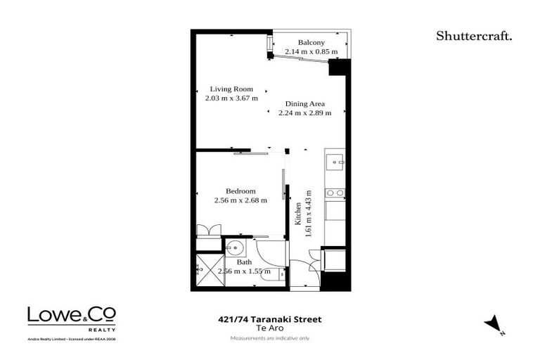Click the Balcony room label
click(309, 41)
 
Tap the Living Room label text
click(231, 89)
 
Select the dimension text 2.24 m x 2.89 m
click(304, 112)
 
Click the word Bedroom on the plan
click(240, 191)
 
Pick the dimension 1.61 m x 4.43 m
click(309, 214)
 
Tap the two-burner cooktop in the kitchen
click(335, 193)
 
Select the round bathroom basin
click(235, 247)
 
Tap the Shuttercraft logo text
click(473, 36)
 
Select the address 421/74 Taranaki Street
click(270, 319)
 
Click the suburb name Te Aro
click(270, 328)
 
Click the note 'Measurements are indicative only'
click(270, 338)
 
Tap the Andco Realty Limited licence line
click(72, 338)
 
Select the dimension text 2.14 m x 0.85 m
click(309, 51)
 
